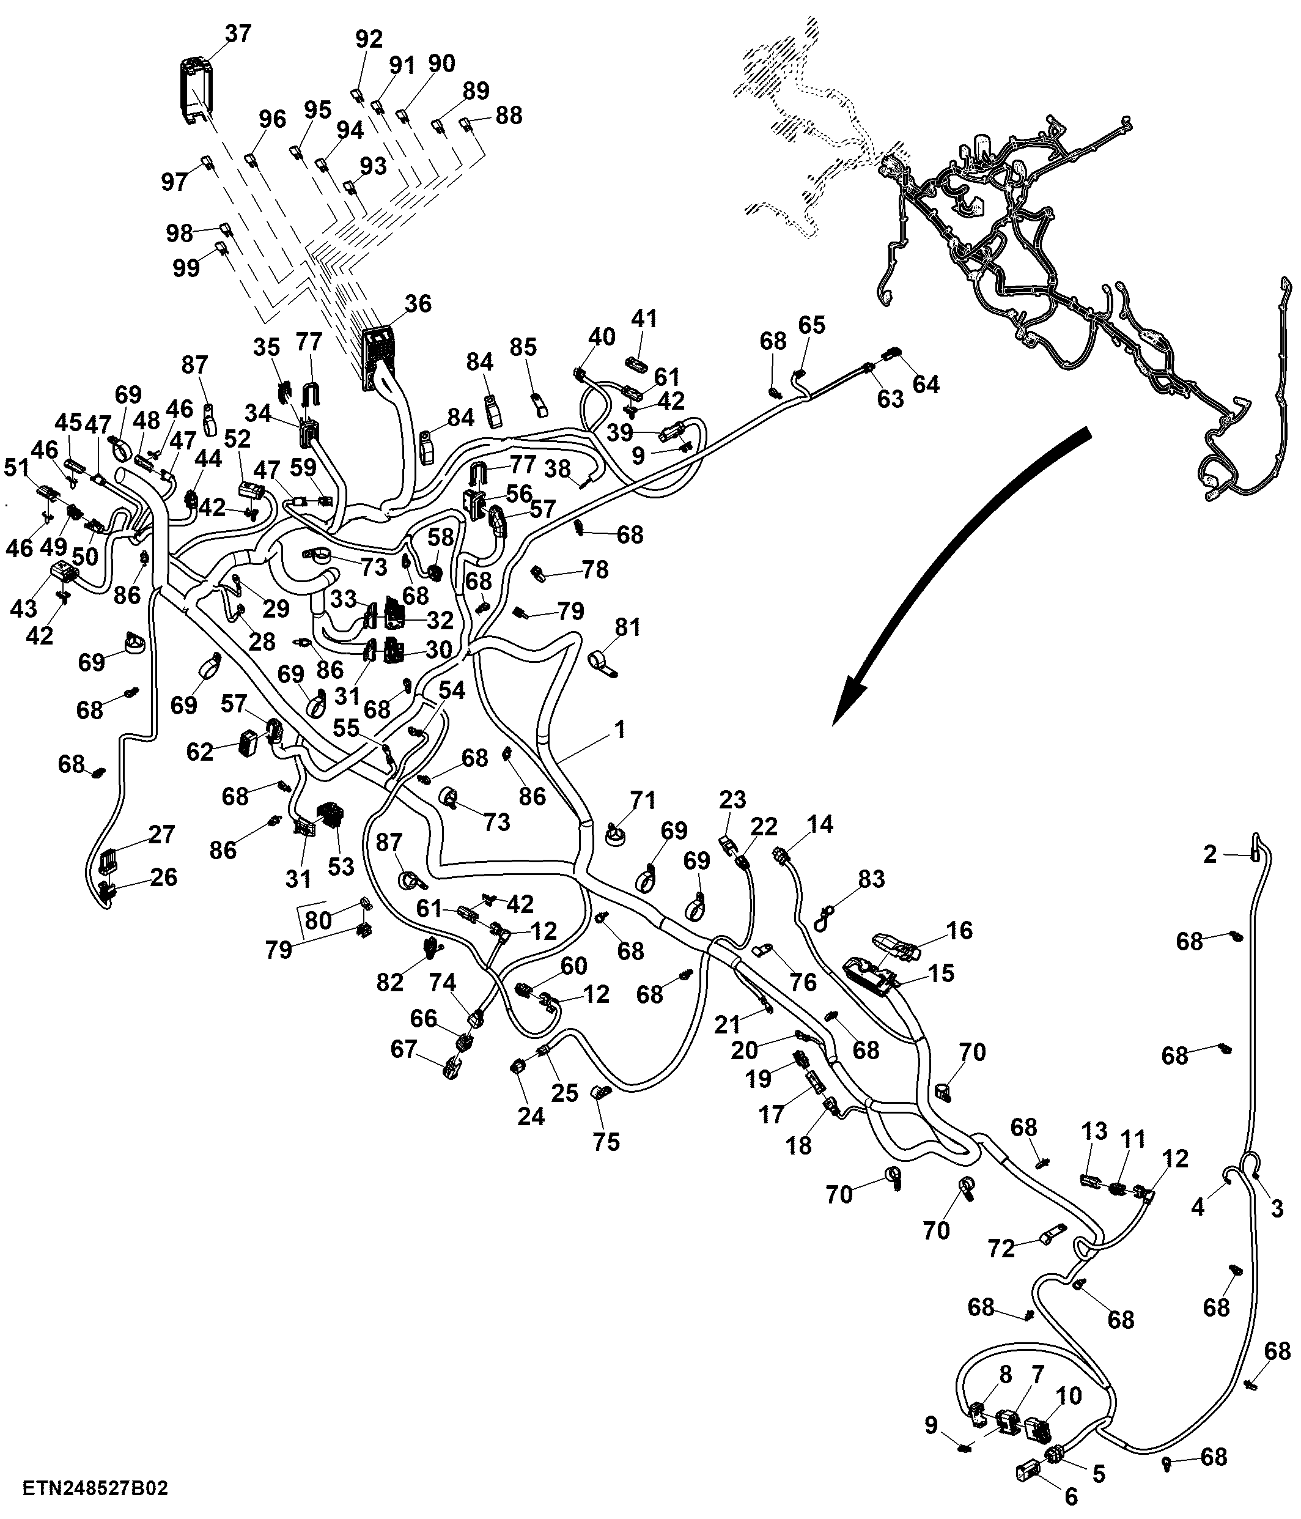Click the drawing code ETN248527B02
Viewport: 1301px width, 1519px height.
[95, 1488]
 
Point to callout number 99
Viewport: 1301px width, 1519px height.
[186, 268]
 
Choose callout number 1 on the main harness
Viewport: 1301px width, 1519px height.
[620, 730]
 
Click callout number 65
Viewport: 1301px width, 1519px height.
[811, 325]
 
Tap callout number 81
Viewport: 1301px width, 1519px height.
[627, 627]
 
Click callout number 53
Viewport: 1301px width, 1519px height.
[341, 867]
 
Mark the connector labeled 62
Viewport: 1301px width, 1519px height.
[250, 742]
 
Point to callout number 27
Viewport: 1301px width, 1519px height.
[162, 834]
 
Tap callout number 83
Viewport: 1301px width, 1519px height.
[871, 878]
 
